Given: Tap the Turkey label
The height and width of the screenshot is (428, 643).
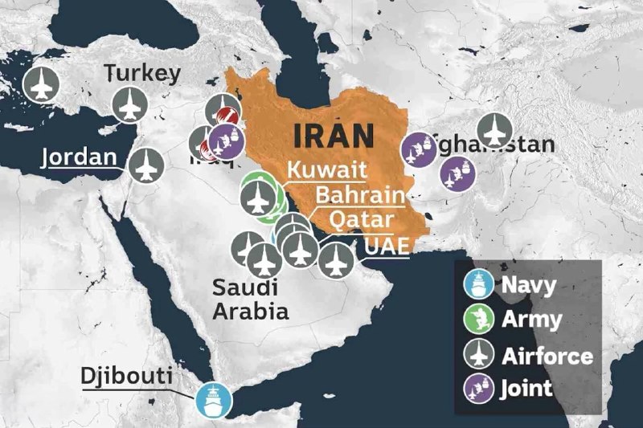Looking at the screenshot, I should coord(142,75).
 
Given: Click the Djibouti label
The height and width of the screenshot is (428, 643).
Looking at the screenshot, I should coord(125,376).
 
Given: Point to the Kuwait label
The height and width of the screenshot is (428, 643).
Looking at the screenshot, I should coord(326,170).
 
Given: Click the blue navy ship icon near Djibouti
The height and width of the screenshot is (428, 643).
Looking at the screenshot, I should coord(214,398).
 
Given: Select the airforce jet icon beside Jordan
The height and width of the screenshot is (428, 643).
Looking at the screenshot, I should coord(147,165).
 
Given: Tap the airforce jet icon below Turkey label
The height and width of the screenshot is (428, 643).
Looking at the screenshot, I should coord(129,105).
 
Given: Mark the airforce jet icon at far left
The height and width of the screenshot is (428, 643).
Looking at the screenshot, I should coord(40,84).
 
